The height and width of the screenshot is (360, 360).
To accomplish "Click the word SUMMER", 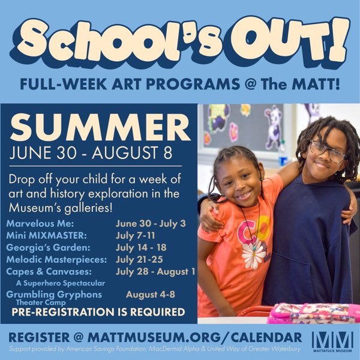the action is (x=100, y=127).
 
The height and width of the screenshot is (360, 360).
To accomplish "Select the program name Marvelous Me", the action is (x=40, y=223).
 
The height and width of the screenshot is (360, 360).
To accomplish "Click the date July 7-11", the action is (x=135, y=236).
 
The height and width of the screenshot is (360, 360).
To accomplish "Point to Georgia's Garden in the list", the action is (x=48, y=247).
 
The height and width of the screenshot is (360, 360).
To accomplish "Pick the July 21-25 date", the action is (x=139, y=259).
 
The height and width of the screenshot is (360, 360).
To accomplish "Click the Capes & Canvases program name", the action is (x=49, y=271).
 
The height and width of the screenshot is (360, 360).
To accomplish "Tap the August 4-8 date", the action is (x=151, y=295).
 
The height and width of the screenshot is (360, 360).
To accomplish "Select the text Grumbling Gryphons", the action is (x=54, y=295).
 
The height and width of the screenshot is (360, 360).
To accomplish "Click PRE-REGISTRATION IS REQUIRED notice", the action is (x=98, y=312).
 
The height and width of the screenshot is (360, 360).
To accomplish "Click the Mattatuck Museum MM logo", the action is (x=332, y=341).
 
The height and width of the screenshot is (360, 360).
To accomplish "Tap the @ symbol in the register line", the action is (x=79, y=337).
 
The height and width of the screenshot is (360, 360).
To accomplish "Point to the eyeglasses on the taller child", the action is (x=327, y=151).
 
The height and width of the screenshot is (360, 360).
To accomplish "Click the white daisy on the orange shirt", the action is (x=253, y=254).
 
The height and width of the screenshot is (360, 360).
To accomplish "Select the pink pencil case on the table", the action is (x=313, y=313).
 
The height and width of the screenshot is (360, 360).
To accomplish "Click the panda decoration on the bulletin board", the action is (x=274, y=127).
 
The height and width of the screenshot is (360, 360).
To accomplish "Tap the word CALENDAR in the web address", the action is (x=266, y=337).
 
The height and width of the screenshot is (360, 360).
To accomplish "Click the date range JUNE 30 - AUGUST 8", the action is (x=91, y=152).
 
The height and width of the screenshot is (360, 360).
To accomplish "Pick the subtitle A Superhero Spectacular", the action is (x=61, y=283).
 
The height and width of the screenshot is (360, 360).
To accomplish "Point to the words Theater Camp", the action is (x=41, y=302).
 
